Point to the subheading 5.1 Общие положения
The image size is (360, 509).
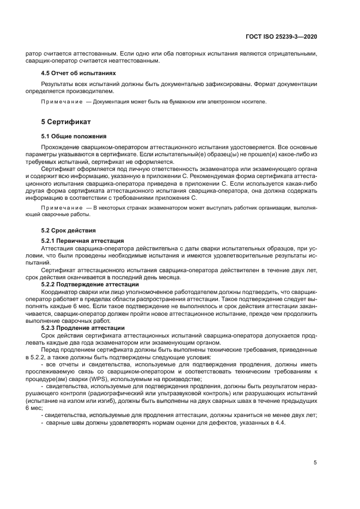[74, 136]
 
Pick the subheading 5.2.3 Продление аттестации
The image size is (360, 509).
[83, 328]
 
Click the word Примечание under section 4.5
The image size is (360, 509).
[58, 101]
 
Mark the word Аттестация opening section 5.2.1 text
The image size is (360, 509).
[57, 248]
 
